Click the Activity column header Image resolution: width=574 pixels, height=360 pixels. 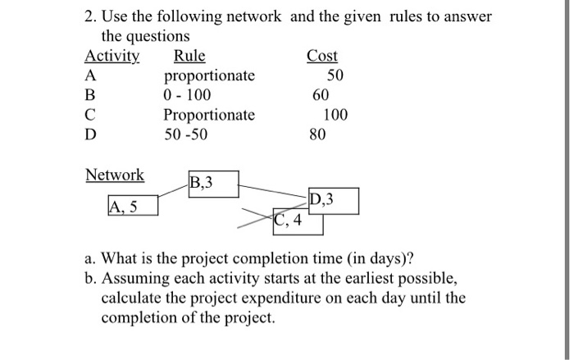pyautogui.click(x=112, y=57)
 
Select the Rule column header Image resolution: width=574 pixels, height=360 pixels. pyautogui.click(x=190, y=57)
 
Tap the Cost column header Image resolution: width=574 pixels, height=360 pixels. pyautogui.click(x=322, y=57)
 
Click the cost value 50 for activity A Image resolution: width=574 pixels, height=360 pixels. pyautogui.click(x=335, y=76)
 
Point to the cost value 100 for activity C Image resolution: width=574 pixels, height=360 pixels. pyautogui.click(x=335, y=114)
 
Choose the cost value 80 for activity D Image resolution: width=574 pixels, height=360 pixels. pyautogui.click(x=318, y=133)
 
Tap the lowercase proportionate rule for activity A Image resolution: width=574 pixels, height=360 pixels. pyautogui.click(x=210, y=76)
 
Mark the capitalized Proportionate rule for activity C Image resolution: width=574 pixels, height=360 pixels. pyautogui.click(x=210, y=114)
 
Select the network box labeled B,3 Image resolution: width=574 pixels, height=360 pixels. pyautogui.click(x=213, y=184)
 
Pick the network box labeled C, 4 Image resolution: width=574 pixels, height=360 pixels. pyautogui.click(x=290, y=221)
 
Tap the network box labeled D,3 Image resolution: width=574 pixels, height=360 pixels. pyautogui.click(x=332, y=202)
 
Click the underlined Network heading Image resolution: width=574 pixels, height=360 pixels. pyautogui.click(x=115, y=175)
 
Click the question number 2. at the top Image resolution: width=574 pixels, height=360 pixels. pyautogui.click(x=92, y=16)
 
